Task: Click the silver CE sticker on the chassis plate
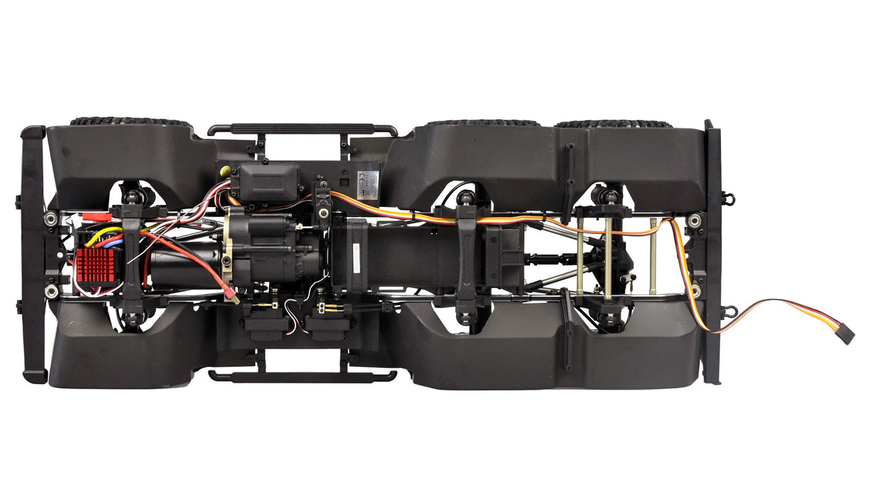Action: [369, 178]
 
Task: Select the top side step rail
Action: [302, 130]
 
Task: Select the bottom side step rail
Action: [302, 376]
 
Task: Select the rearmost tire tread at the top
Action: [613, 124]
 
